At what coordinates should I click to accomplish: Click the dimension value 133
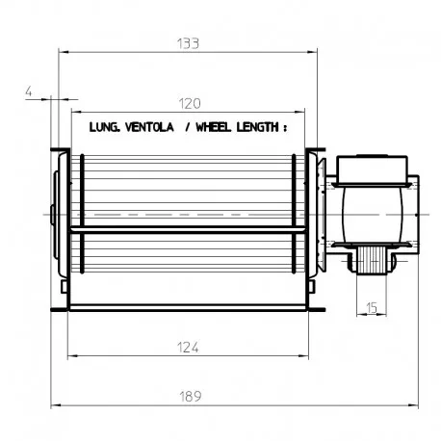point(188,43)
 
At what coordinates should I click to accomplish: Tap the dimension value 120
point(190,104)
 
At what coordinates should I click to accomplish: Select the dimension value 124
point(188,348)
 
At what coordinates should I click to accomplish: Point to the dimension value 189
point(191,397)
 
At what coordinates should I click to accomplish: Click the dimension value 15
point(372,308)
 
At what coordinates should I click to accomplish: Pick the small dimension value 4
point(29,91)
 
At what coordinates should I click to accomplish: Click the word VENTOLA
point(149,127)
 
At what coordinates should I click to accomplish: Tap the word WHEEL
point(213,127)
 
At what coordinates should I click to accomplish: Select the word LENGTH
point(258,127)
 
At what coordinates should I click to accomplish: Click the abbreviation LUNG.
point(105,127)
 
